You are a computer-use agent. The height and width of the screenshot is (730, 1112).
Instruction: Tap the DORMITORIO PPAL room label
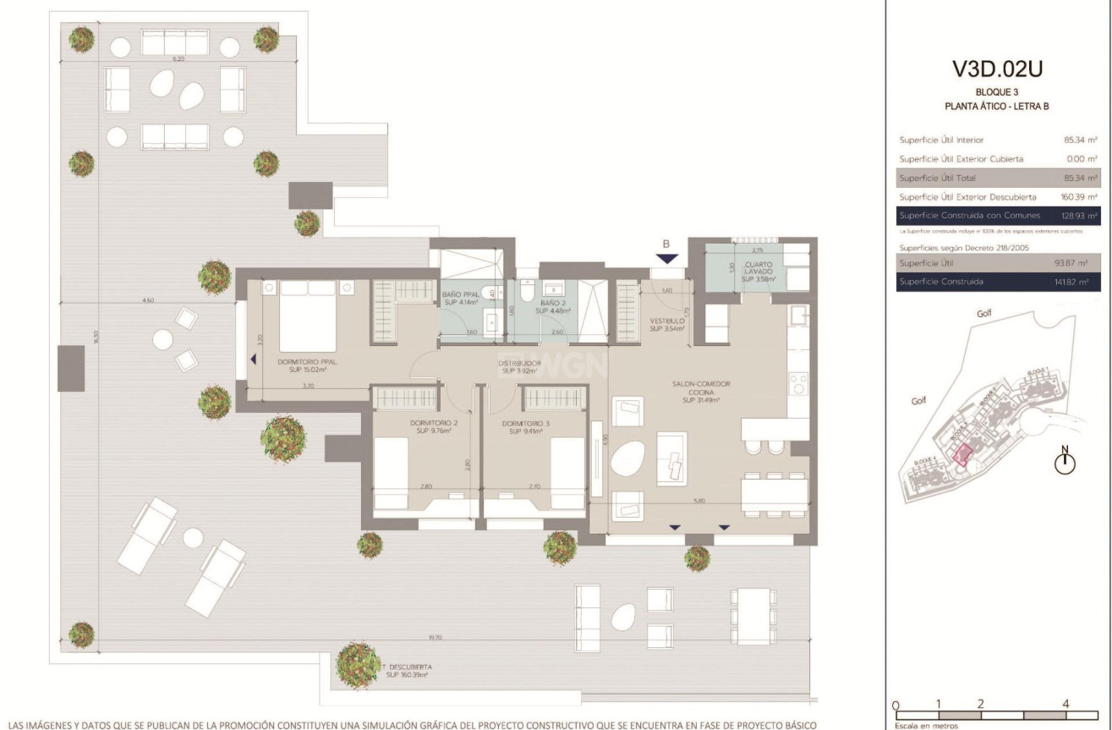click(302, 365)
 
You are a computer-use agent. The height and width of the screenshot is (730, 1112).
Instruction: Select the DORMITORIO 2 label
click(434, 426)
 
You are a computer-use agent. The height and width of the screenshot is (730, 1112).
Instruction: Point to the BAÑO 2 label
click(553, 305)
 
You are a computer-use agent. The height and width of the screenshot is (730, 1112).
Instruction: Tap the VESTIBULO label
click(666, 325)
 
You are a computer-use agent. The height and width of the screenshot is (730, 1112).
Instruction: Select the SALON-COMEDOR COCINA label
click(700, 392)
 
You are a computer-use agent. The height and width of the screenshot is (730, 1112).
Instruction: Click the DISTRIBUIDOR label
click(519, 366)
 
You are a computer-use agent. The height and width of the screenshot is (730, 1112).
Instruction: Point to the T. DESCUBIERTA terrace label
click(404, 671)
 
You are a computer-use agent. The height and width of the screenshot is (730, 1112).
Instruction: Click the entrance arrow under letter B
click(666, 260)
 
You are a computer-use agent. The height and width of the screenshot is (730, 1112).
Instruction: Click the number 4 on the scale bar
click(1065, 704)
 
